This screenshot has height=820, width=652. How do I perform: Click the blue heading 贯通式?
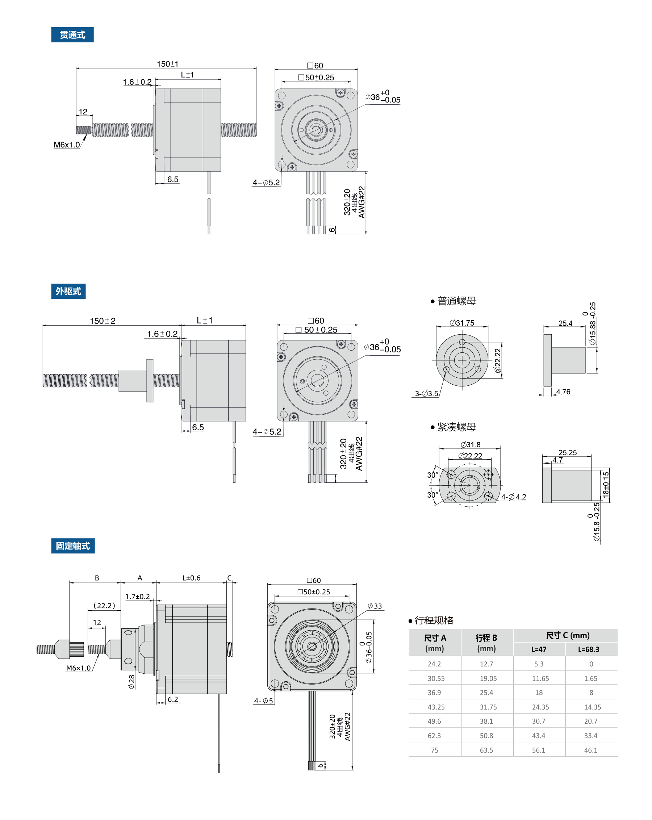point(72,35)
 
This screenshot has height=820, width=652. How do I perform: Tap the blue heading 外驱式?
point(68,291)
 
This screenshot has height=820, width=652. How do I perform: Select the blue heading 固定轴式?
point(73,546)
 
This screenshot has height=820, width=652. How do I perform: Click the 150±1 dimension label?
point(167,64)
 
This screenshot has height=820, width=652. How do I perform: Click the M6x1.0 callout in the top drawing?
point(67,145)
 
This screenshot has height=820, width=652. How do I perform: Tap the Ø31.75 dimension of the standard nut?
point(462,323)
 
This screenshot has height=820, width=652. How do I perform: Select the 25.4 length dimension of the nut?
point(565,323)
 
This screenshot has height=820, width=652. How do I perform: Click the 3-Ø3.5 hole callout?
point(426,394)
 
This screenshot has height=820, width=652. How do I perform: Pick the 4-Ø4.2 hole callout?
point(514,497)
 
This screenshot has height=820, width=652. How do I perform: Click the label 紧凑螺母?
point(456,427)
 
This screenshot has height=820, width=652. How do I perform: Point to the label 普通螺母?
point(456,301)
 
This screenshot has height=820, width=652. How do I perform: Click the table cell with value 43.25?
point(436,707)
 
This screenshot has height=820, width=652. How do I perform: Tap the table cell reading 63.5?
point(486,750)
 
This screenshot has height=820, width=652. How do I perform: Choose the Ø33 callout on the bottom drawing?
point(375,606)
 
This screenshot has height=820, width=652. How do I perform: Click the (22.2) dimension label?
point(104,606)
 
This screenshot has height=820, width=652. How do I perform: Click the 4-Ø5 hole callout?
point(263,700)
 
